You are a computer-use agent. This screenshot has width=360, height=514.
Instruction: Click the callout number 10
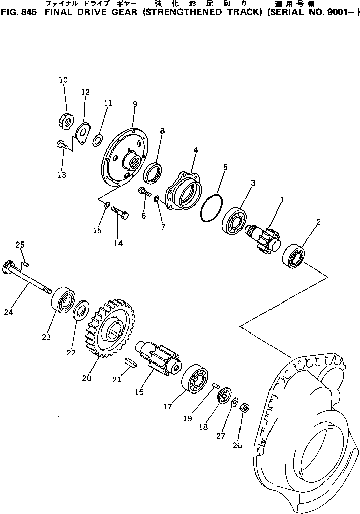[63, 80]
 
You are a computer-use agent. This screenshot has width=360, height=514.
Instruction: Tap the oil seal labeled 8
[152, 173]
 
